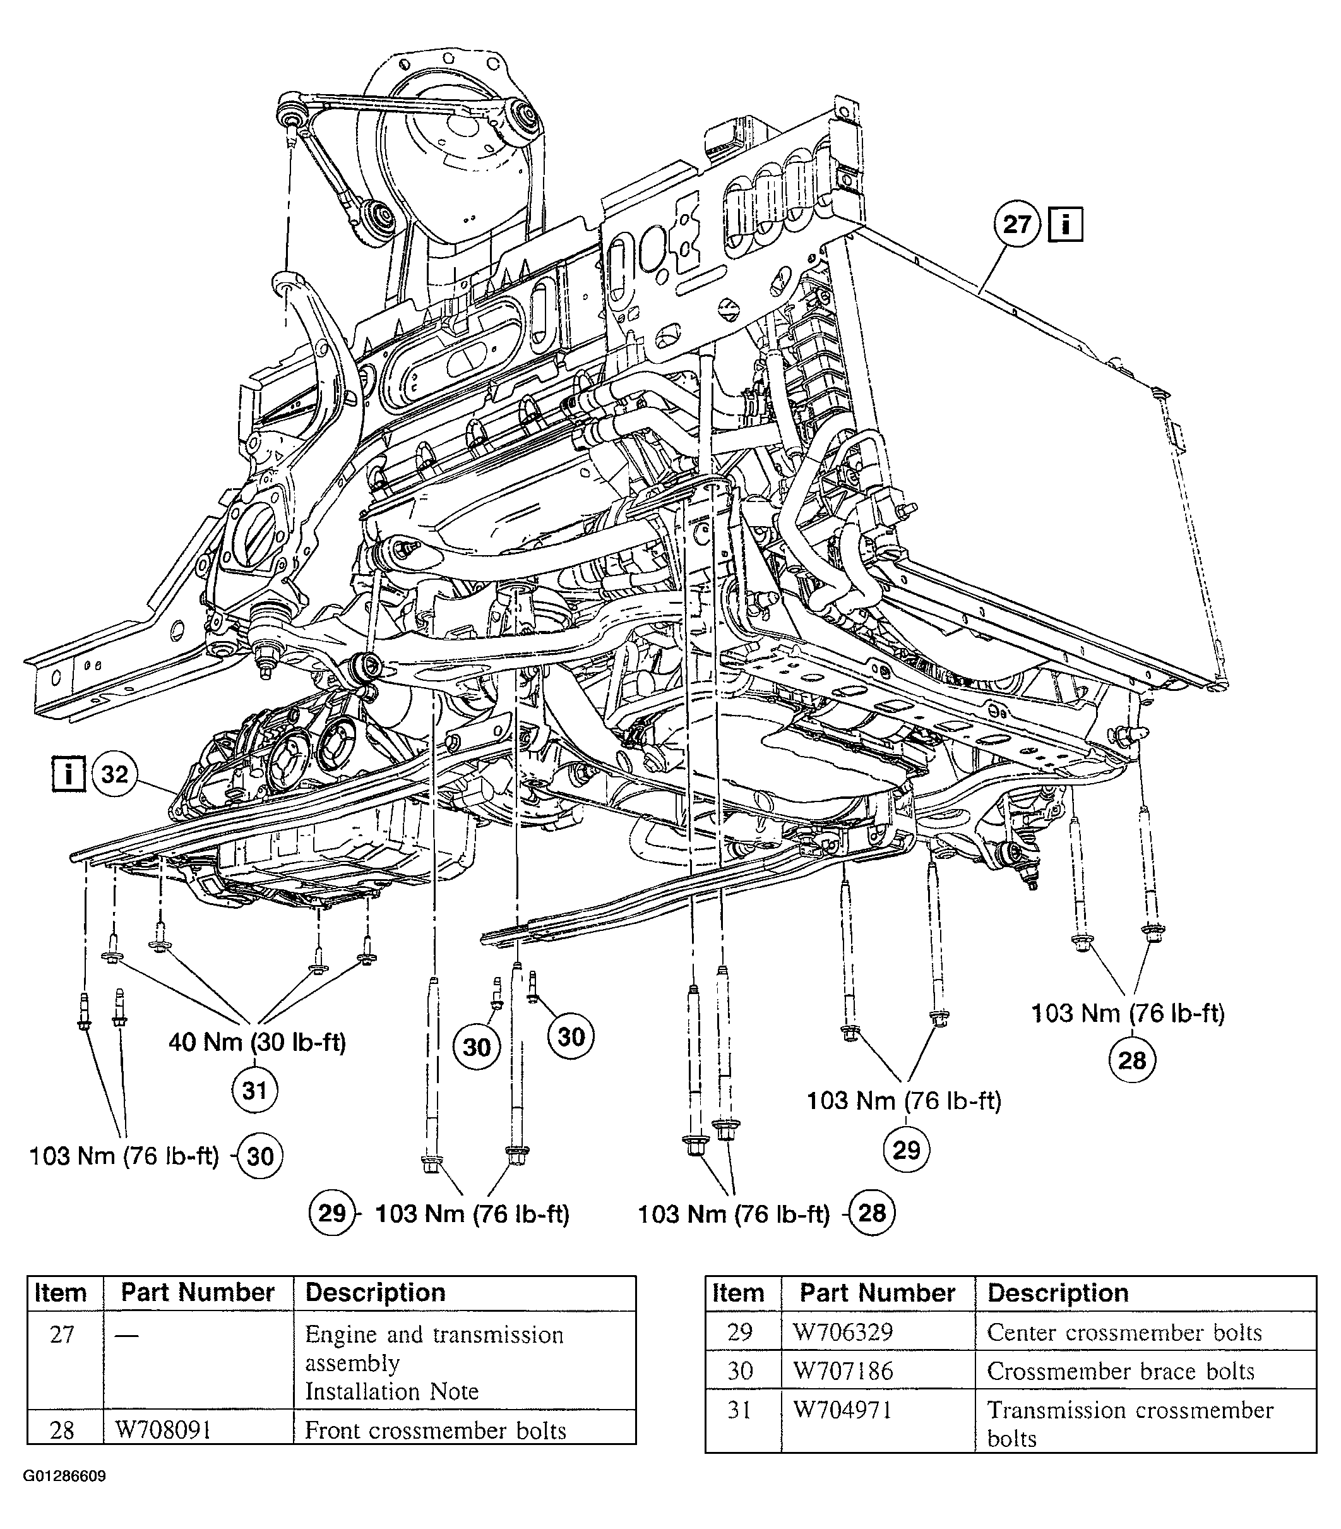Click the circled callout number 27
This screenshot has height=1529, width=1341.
point(1016,224)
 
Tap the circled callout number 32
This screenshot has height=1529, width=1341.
point(114,774)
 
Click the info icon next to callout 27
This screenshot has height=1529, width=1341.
point(1065,224)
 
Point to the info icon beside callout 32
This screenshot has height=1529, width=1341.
point(68,774)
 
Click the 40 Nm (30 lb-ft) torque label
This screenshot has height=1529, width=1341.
point(258,1041)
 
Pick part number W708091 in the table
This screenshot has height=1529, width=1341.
point(163,1430)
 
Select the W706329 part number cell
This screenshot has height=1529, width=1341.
point(843,1332)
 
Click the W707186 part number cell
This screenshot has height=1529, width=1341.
point(843,1371)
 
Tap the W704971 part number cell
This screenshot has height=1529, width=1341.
point(843,1410)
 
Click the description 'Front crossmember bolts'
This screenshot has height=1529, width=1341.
point(435,1430)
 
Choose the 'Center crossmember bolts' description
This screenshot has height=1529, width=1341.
point(1124,1332)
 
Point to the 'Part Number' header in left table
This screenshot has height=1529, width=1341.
point(198,1293)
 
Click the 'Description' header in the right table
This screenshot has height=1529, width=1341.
point(1058,1293)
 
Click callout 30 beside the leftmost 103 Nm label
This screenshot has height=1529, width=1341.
point(259,1156)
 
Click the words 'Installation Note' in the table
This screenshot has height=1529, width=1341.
point(391,1391)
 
